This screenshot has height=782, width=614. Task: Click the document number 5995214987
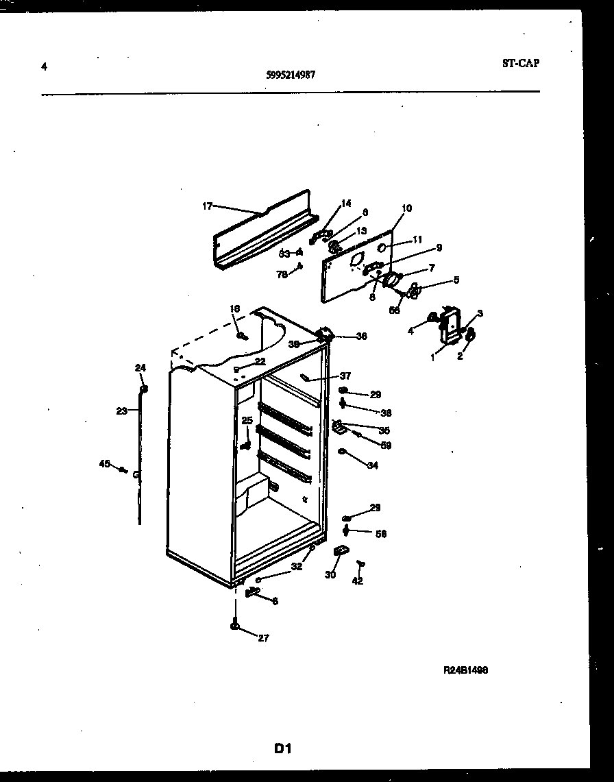tap(291, 77)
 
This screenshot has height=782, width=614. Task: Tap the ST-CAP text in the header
tap(520, 63)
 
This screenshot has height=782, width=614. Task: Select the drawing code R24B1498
tap(465, 671)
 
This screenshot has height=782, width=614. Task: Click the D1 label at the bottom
tap(283, 749)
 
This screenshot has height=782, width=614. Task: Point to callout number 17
tap(208, 205)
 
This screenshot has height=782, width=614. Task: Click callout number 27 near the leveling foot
tap(263, 638)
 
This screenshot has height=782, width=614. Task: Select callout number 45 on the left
tap(104, 464)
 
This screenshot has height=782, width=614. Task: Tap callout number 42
tap(357, 581)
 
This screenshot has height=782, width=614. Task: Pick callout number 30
tap(330, 575)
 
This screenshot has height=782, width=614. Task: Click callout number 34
tap(372, 465)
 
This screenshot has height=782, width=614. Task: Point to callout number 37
tap(345, 376)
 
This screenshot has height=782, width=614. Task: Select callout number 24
tap(140, 368)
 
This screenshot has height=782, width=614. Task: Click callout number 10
tap(406, 208)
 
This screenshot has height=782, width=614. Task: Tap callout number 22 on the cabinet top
tap(260, 361)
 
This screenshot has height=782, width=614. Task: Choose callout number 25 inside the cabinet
tap(247, 420)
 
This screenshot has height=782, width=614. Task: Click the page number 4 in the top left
tap(44, 66)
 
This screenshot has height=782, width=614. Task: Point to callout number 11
tap(418, 239)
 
